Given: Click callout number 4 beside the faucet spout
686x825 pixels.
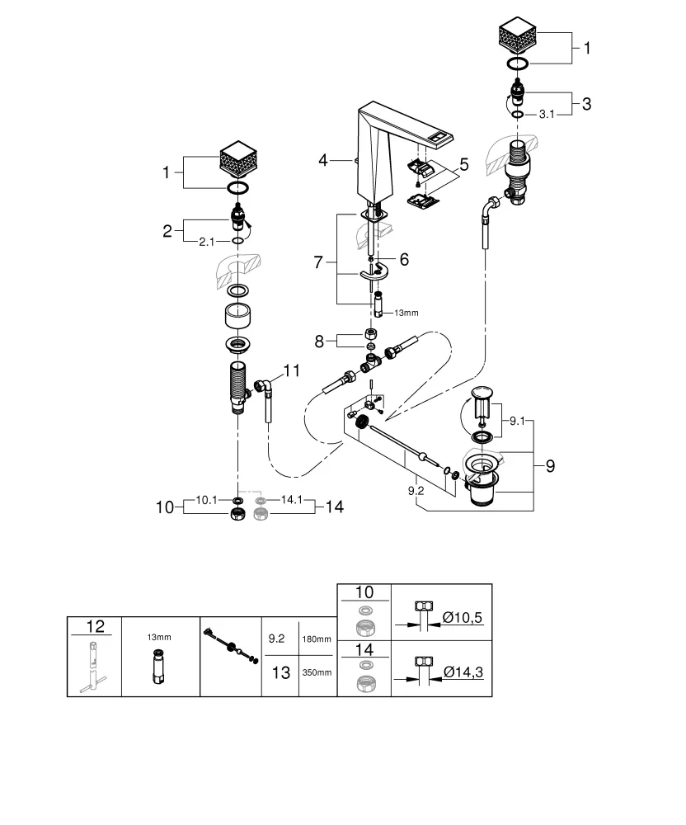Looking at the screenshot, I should tap(324, 161).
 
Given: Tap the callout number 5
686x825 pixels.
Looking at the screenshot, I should tap(463, 165).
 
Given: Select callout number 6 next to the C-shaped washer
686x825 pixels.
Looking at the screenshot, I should tap(404, 259).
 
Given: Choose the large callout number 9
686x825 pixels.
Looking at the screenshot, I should tap(549, 464).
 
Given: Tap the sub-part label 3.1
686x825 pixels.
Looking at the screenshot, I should tap(546, 115).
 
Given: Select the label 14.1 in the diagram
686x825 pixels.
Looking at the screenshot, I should tap(292, 499).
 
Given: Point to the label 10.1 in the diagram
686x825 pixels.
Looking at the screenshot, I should tap(208, 499).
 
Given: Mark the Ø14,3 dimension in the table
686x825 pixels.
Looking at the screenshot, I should tap(462, 672).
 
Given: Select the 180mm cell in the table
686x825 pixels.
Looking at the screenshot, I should tap(317, 639).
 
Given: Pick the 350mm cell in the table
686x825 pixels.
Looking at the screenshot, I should tap(317, 672).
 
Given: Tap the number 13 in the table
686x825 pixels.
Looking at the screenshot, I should tap(280, 672).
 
